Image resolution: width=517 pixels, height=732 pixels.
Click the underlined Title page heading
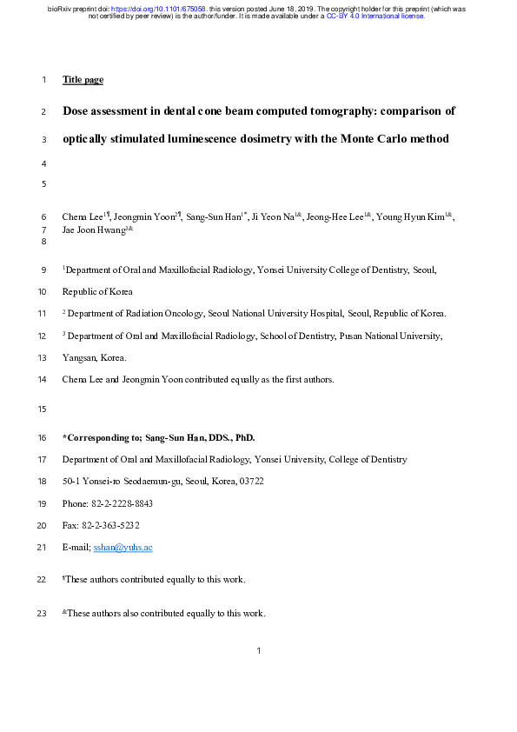83,80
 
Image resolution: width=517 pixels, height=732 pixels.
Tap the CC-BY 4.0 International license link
375,17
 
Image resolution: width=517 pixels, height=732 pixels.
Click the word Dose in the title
77,111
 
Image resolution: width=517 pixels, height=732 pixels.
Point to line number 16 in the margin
43,436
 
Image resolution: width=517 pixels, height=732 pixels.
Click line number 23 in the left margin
43,614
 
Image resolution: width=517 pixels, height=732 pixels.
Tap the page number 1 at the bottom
259,651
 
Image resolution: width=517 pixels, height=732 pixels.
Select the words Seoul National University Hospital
288,312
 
